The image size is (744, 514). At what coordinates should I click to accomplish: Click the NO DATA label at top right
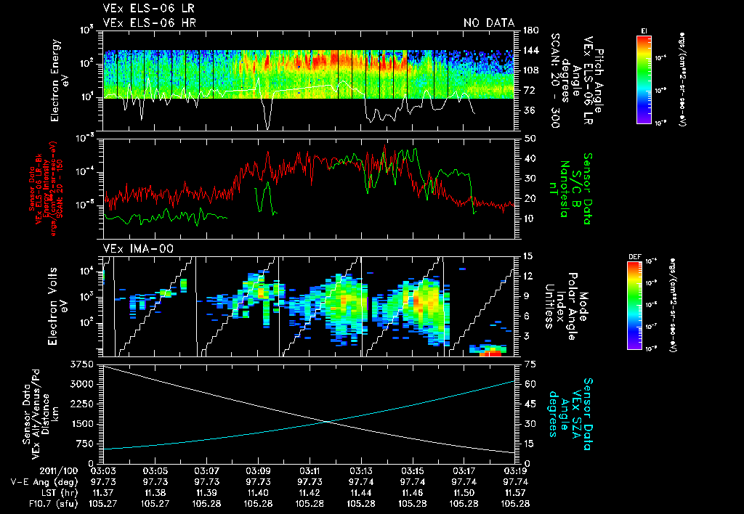(x=488, y=23)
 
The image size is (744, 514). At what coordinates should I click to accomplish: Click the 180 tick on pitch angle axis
(x=530, y=30)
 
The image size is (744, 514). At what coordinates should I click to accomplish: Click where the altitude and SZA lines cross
(x=325, y=421)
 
